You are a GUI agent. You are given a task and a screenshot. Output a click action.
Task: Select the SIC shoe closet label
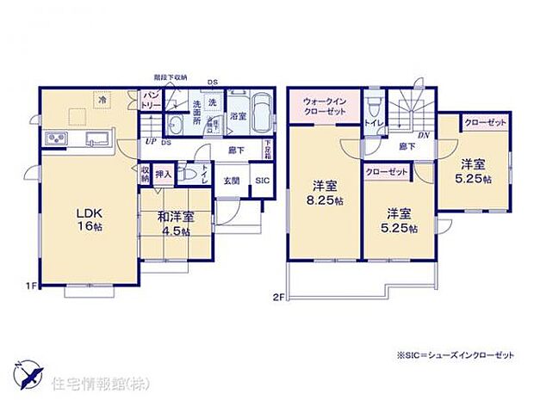click(x=261, y=180)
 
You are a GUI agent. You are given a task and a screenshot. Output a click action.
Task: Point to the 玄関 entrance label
click(x=232, y=181)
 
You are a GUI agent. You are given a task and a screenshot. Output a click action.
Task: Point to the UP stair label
click(x=150, y=141)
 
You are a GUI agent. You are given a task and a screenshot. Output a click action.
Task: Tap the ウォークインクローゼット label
click(x=323, y=108)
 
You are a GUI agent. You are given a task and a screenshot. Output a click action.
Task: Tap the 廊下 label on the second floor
click(x=406, y=148)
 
